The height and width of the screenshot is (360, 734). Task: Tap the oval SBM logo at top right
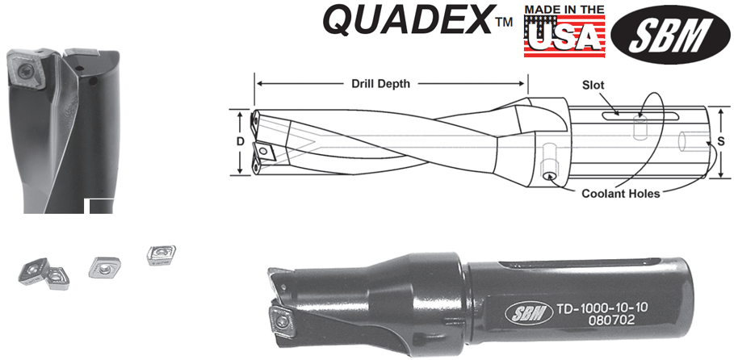click(x=670, y=34)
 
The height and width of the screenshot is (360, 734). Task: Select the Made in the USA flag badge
click(x=564, y=31)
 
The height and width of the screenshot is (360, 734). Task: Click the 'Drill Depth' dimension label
click(x=380, y=84)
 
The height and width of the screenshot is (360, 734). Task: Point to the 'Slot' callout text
click(x=593, y=86)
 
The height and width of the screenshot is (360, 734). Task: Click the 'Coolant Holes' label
click(x=620, y=194)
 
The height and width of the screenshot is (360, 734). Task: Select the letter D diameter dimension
click(x=240, y=142)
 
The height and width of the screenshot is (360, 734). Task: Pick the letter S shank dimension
click(x=721, y=141)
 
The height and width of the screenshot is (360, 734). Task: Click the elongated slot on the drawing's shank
click(x=640, y=116)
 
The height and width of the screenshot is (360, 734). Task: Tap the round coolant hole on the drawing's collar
click(x=548, y=177)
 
